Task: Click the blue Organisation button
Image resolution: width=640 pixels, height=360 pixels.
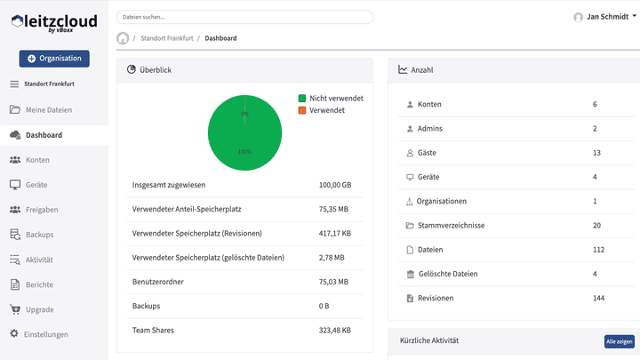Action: pos(53,59)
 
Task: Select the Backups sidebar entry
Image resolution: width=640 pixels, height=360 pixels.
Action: pos(39,235)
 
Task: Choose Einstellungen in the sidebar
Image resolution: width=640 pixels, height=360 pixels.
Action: pos(45,334)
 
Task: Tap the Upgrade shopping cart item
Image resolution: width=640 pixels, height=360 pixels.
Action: pos(39,309)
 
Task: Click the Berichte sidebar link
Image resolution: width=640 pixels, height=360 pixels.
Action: pos(39,284)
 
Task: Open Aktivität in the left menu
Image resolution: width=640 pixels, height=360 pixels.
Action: pos(39,260)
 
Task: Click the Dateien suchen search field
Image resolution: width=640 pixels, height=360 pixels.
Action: pos(244,17)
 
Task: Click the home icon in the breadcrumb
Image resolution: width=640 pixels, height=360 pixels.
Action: pos(123,38)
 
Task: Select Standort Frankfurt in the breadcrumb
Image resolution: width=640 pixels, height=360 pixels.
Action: pos(166,38)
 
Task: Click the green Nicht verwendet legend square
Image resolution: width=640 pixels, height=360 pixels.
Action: pos(302,98)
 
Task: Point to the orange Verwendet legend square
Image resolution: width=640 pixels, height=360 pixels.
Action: pos(302,109)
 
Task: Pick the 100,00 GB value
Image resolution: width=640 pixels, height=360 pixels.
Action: pos(335,185)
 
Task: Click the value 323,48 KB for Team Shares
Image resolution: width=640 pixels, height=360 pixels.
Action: pos(335,330)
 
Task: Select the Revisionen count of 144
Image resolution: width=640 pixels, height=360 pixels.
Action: pos(598,298)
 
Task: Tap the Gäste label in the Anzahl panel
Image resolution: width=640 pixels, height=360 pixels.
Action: pos(427,153)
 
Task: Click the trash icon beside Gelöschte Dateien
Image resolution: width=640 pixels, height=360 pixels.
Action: pos(409,274)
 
